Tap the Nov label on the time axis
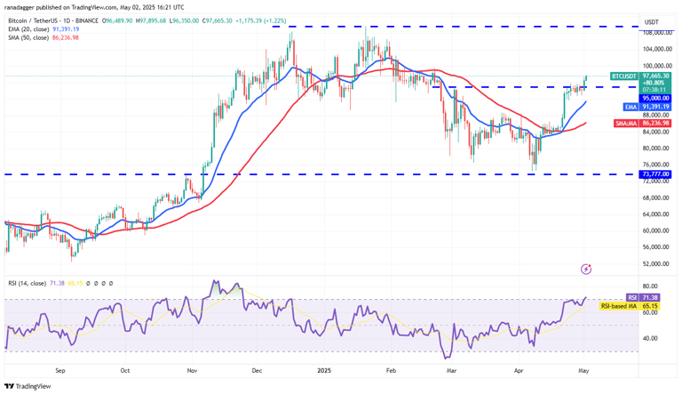click(192, 367)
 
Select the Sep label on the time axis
click(60, 367)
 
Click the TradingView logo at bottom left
click(28, 386)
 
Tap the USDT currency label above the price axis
click(651, 21)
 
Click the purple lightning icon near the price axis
click(586, 268)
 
